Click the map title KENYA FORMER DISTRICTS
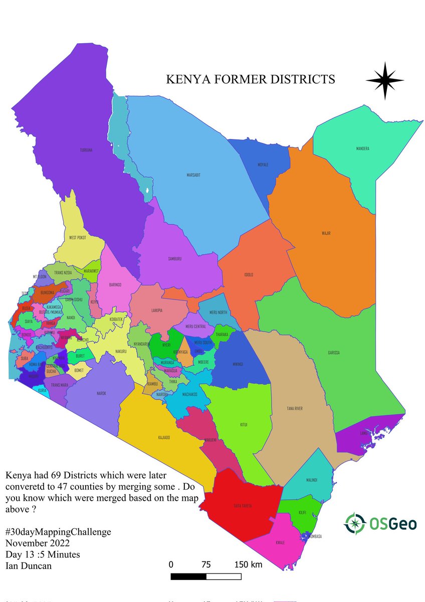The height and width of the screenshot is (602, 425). pyautogui.click(x=250, y=79)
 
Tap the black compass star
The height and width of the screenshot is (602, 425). pyautogui.click(x=384, y=80)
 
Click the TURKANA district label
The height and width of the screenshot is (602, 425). pyautogui.click(x=87, y=149)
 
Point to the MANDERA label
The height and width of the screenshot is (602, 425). pyautogui.click(x=363, y=148)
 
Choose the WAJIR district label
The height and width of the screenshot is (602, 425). pyautogui.click(x=326, y=233)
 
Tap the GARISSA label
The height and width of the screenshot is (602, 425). pyautogui.click(x=334, y=353)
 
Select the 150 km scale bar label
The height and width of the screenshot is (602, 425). pyautogui.click(x=249, y=564)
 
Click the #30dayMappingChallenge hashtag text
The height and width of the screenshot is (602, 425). pyautogui.click(x=58, y=532)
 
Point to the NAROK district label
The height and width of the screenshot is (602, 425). pyautogui.click(x=101, y=394)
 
